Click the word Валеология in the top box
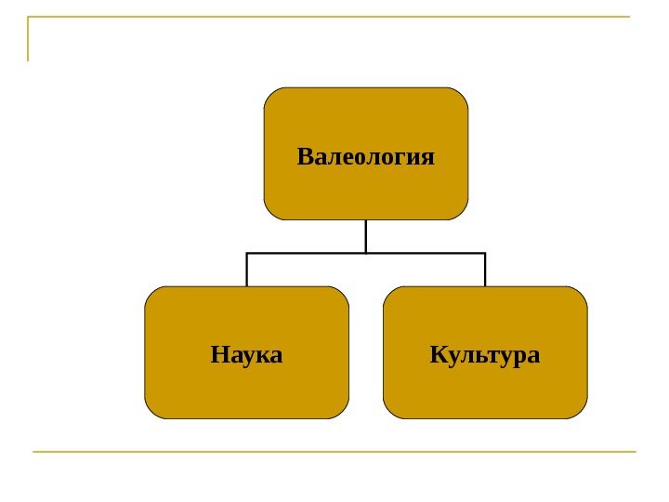coord(366,155)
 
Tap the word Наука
coord(246,354)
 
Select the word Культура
coord(485,354)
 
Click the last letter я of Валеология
coord(427,156)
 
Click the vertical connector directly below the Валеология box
coord(366,235)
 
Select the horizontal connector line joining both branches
coord(307,253)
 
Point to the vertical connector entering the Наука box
coord(247,270)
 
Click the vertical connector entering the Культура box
coord(485,270)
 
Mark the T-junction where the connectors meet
coord(366,253)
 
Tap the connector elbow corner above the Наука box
coord(247,253)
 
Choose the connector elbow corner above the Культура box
coord(485,253)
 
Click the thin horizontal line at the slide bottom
coord(334,452)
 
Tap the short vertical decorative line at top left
coord(29,38)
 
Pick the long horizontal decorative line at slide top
coord(334,17)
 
